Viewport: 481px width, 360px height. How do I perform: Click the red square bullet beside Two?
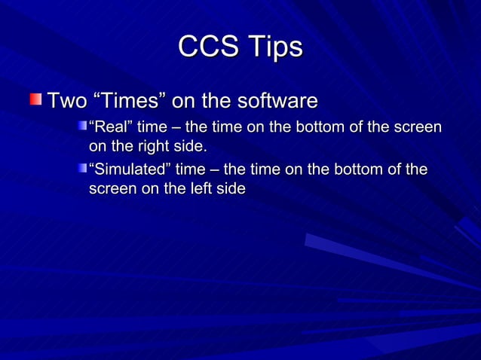(x=36, y=99)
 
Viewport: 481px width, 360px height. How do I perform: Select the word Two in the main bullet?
(x=66, y=100)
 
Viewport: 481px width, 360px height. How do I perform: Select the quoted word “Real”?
(x=110, y=127)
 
